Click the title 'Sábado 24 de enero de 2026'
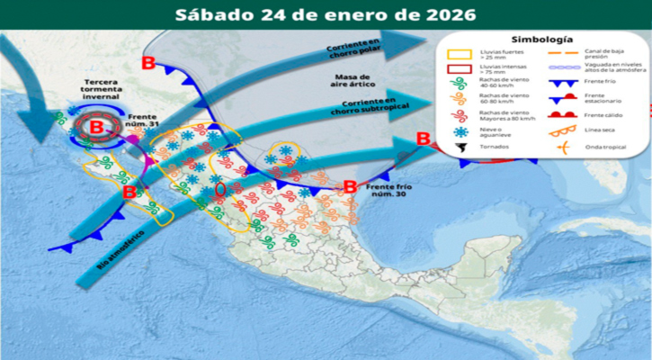[x=326, y=14]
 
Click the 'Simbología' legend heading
[x=542, y=40]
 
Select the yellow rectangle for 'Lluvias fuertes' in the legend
[x=459, y=58]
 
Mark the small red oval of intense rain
[x=222, y=192]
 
